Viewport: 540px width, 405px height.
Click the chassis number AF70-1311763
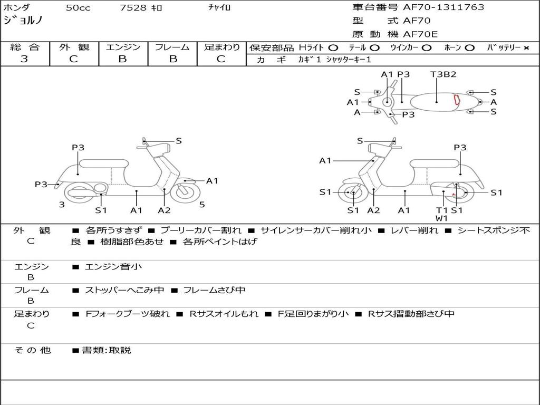443,7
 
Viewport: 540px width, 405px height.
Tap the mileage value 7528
133,7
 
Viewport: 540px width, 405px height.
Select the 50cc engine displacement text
78,7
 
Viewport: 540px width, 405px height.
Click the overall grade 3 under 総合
24,59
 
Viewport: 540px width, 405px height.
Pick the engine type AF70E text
420,34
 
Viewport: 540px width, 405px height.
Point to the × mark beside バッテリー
526,48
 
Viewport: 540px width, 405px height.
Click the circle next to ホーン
469,48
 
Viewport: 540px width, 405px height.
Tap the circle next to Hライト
333,48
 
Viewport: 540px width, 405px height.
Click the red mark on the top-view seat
457,100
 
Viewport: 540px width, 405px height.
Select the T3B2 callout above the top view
443,74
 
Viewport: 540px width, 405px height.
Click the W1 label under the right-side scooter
441,218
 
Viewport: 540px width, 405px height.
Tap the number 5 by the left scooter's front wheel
202,205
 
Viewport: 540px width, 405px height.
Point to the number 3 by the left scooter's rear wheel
62,205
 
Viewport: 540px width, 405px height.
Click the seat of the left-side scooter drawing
104,163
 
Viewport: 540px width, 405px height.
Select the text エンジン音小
113,266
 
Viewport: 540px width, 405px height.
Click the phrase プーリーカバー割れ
201,230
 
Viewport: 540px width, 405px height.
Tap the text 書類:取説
107,350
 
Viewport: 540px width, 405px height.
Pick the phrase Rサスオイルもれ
224,314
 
